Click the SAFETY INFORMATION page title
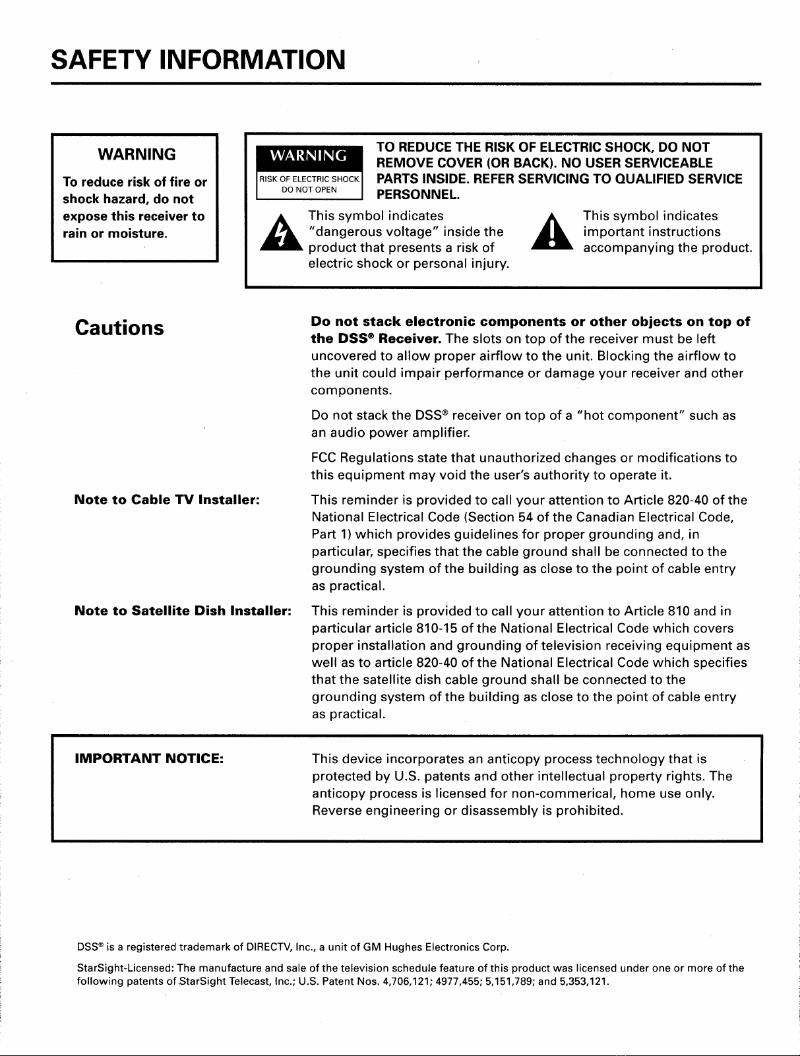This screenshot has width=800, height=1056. pyautogui.click(x=198, y=59)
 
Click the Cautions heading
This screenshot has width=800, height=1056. pyautogui.click(x=119, y=328)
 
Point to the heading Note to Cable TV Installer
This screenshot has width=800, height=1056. pyautogui.click(x=168, y=499)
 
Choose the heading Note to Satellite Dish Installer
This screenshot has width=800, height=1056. pyautogui.click(x=183, y=610)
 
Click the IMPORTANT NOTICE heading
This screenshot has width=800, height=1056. pyautogui.click(x=149, y=759)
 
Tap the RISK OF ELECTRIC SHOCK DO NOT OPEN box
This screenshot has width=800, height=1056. pyautogui.click(x=309, y=184)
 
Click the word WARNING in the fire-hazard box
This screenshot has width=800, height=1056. pyautogui.click(x=137, y=154)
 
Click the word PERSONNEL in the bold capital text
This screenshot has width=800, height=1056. pyautogui.click(x=417, y=195)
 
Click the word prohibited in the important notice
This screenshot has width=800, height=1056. pyautogui.click(x=589, y=810)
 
